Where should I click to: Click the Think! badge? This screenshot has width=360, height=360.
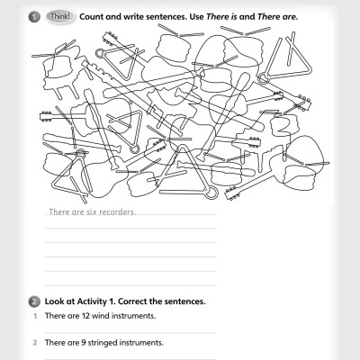pos(60,16)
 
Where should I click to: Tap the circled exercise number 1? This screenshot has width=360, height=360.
pos(33,16)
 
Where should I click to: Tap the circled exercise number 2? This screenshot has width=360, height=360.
pos(33,301)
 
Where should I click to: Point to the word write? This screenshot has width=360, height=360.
pos(140,16)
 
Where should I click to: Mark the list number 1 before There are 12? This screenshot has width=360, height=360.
pos(32,317)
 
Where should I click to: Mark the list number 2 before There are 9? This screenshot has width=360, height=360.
pos(32,343)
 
